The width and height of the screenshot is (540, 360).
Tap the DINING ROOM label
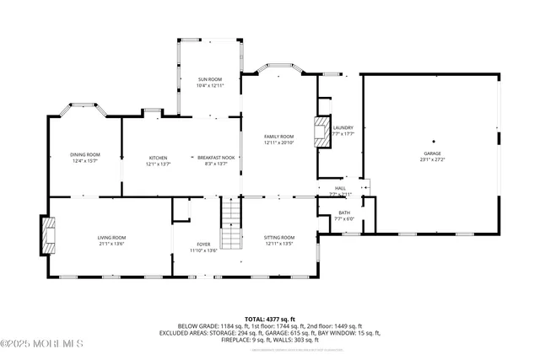click(85, 154)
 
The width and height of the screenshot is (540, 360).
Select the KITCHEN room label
click(159, 158)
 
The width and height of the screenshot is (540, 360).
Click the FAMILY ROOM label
click(278, 137)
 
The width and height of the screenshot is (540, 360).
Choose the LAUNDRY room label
click(343, 127)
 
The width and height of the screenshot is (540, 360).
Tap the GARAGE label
click(433, 153)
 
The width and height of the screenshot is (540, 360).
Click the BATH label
click(344, 212)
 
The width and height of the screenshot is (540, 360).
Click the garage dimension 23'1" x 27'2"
click(433, 159)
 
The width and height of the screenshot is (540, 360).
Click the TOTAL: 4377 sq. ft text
click(269, 318)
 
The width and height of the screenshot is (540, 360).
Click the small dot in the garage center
click(433, 141)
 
